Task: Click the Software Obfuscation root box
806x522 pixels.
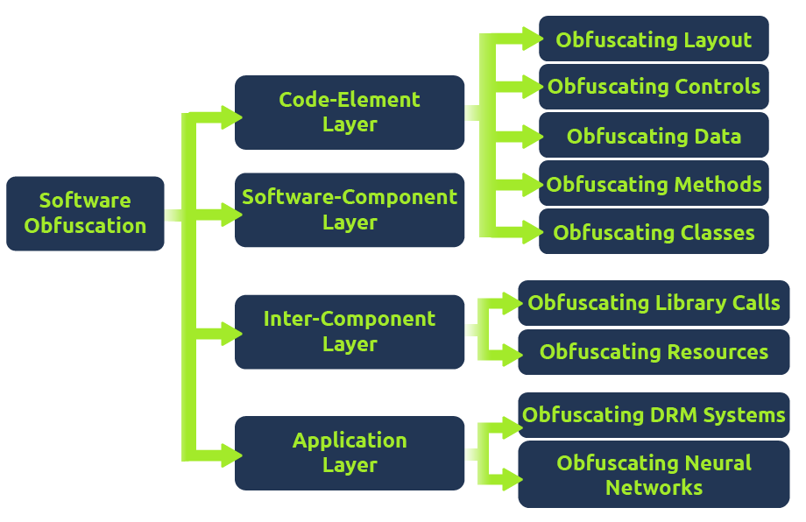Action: tap(85, 214)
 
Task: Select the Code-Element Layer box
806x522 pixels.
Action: tap(350, 112)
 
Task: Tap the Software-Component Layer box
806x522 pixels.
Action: tap(350, 210)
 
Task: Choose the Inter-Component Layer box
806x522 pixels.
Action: tap(350, 332)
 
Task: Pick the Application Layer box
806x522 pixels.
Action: tap(350, 453)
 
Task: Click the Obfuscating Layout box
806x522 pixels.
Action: tap(654, 39)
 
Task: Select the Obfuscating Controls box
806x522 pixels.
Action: tap(654, 87)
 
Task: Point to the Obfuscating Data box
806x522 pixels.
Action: tap(654, 136)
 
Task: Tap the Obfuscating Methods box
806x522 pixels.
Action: tap(654, 184)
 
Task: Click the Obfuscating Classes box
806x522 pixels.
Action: tap(654, 232)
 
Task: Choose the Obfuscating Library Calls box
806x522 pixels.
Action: tap(654, 303)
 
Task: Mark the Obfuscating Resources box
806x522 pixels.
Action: tap(654, 352)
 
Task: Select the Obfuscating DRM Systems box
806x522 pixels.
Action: tap(654, 414)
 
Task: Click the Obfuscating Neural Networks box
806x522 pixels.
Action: tap(654, 476)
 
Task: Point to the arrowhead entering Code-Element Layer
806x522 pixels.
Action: tap(230, 117)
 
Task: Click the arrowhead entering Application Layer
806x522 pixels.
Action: tap(230, 455)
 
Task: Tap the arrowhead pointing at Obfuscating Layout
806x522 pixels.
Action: tap(529, 38)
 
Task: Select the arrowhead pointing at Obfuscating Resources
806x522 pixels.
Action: tap(510, 355)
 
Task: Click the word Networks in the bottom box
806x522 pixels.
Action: tap(654, 488)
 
